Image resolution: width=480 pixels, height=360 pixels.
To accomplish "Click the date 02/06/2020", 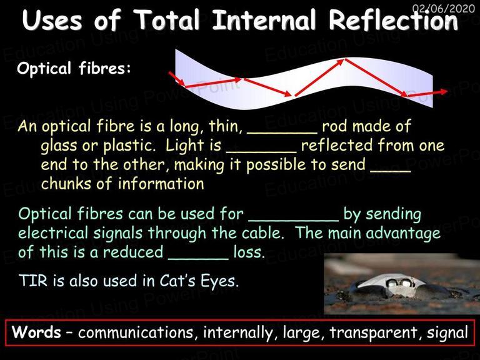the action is click(444, 8).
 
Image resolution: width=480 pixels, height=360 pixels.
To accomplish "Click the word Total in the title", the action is click(167, 20).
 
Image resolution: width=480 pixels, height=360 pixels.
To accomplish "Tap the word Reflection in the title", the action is click(393, 20).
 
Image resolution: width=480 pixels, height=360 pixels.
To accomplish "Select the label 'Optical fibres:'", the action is click(74, 68).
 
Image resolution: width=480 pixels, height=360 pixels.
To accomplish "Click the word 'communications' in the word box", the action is click(136, 332).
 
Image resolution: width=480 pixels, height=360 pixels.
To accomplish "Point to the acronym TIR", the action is click(33, 281).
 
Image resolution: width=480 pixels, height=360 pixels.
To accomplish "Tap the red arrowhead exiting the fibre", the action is click(443, 91).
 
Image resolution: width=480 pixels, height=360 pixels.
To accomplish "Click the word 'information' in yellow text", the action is click(161, 184).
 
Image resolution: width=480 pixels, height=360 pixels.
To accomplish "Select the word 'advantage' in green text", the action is click(403, 234).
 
